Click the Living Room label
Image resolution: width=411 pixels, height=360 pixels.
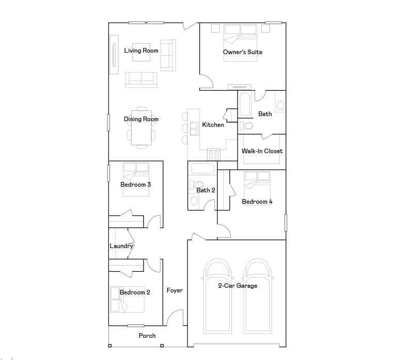141,51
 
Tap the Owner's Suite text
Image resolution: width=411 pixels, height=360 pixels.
242,52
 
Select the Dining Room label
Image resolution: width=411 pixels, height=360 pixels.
141,119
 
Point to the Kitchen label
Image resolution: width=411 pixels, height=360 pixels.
213,125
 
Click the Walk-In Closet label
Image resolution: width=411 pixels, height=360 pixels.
262,151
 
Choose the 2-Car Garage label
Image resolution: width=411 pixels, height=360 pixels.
237,286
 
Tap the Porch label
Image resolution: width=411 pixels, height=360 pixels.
147,336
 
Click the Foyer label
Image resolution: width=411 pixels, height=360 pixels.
175,290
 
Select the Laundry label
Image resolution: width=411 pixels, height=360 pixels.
121,246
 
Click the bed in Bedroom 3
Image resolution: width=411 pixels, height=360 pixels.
136,178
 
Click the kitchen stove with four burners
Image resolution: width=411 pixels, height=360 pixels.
214,154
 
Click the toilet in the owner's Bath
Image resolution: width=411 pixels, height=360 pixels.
247,126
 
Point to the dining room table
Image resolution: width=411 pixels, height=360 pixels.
141,127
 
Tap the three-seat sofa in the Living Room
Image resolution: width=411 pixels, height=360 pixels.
141,79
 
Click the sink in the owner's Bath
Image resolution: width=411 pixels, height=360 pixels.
280,105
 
